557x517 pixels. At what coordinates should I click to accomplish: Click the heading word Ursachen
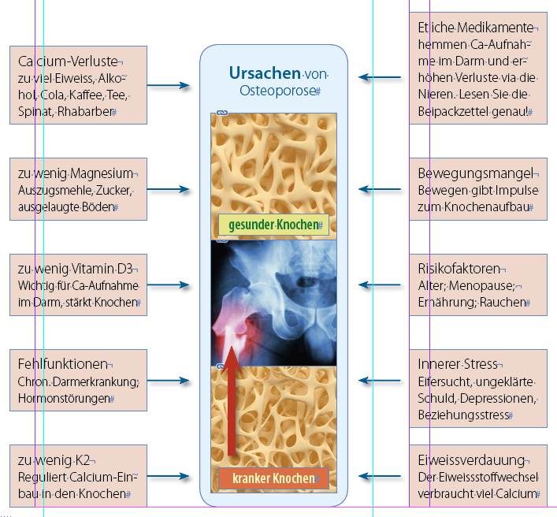pyautogui.click(x=265, y=73)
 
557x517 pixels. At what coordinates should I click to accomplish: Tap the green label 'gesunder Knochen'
pyautogui.click(x=273, y=225)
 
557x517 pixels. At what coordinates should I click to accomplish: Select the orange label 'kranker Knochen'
pyautogui.click(x=273, y=478)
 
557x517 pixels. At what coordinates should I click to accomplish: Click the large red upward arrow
pyautogui.click(x=232, y=402)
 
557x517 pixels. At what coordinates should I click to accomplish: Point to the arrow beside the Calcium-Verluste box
pyautogui.click(x=169, y=85)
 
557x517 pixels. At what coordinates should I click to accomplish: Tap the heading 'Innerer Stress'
pyautogui.click(x=458, y=364)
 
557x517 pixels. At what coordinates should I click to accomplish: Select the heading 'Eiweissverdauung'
pyautogui.click(x=471, y=459)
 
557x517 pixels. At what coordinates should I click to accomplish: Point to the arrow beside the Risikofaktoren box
pyautogui.click(x=381, y=284)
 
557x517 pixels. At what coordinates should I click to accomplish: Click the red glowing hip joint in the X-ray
pyautogui.click(x=233, y=327)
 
